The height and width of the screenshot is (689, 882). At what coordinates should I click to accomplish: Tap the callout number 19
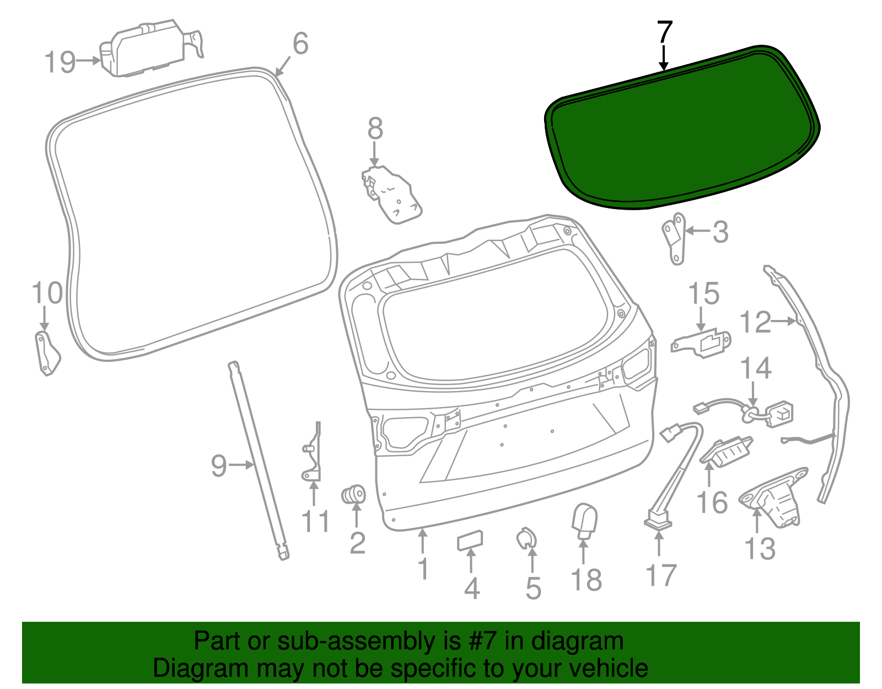pyautogui.click(x=60, y=61)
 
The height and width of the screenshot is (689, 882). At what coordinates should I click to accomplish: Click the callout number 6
pyautogui.click(x=300, y=44)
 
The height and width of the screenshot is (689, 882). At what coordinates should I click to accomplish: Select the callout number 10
pyautogui.click(x=47, y=293)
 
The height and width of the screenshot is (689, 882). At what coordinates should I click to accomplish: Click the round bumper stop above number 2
pyautogui.click(x=354, y=494)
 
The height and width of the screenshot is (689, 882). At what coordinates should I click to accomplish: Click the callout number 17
pyautogui.click(x=660, y=575)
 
